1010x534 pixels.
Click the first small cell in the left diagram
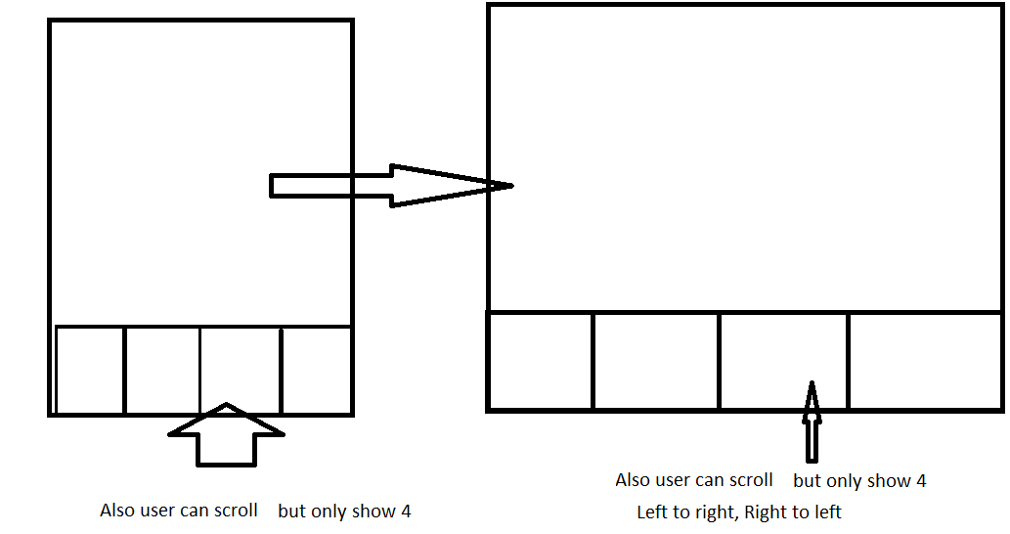(90, 370)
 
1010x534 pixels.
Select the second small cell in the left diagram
(162, 370)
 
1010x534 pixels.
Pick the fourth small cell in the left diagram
(316, 370)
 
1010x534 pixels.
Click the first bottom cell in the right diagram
(541, 360)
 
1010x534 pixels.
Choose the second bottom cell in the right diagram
(656, 360)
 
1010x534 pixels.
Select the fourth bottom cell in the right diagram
(925, 360)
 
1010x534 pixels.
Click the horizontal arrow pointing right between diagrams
(391, 185)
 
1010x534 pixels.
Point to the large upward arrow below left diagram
(226, 435)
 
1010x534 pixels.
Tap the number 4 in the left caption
(406, 512)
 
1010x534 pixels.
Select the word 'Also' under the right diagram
(633, 480)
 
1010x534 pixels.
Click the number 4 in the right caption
(920, 481)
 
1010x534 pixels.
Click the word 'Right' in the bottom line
(765, 512)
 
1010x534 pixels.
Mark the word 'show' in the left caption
(375, 512)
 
